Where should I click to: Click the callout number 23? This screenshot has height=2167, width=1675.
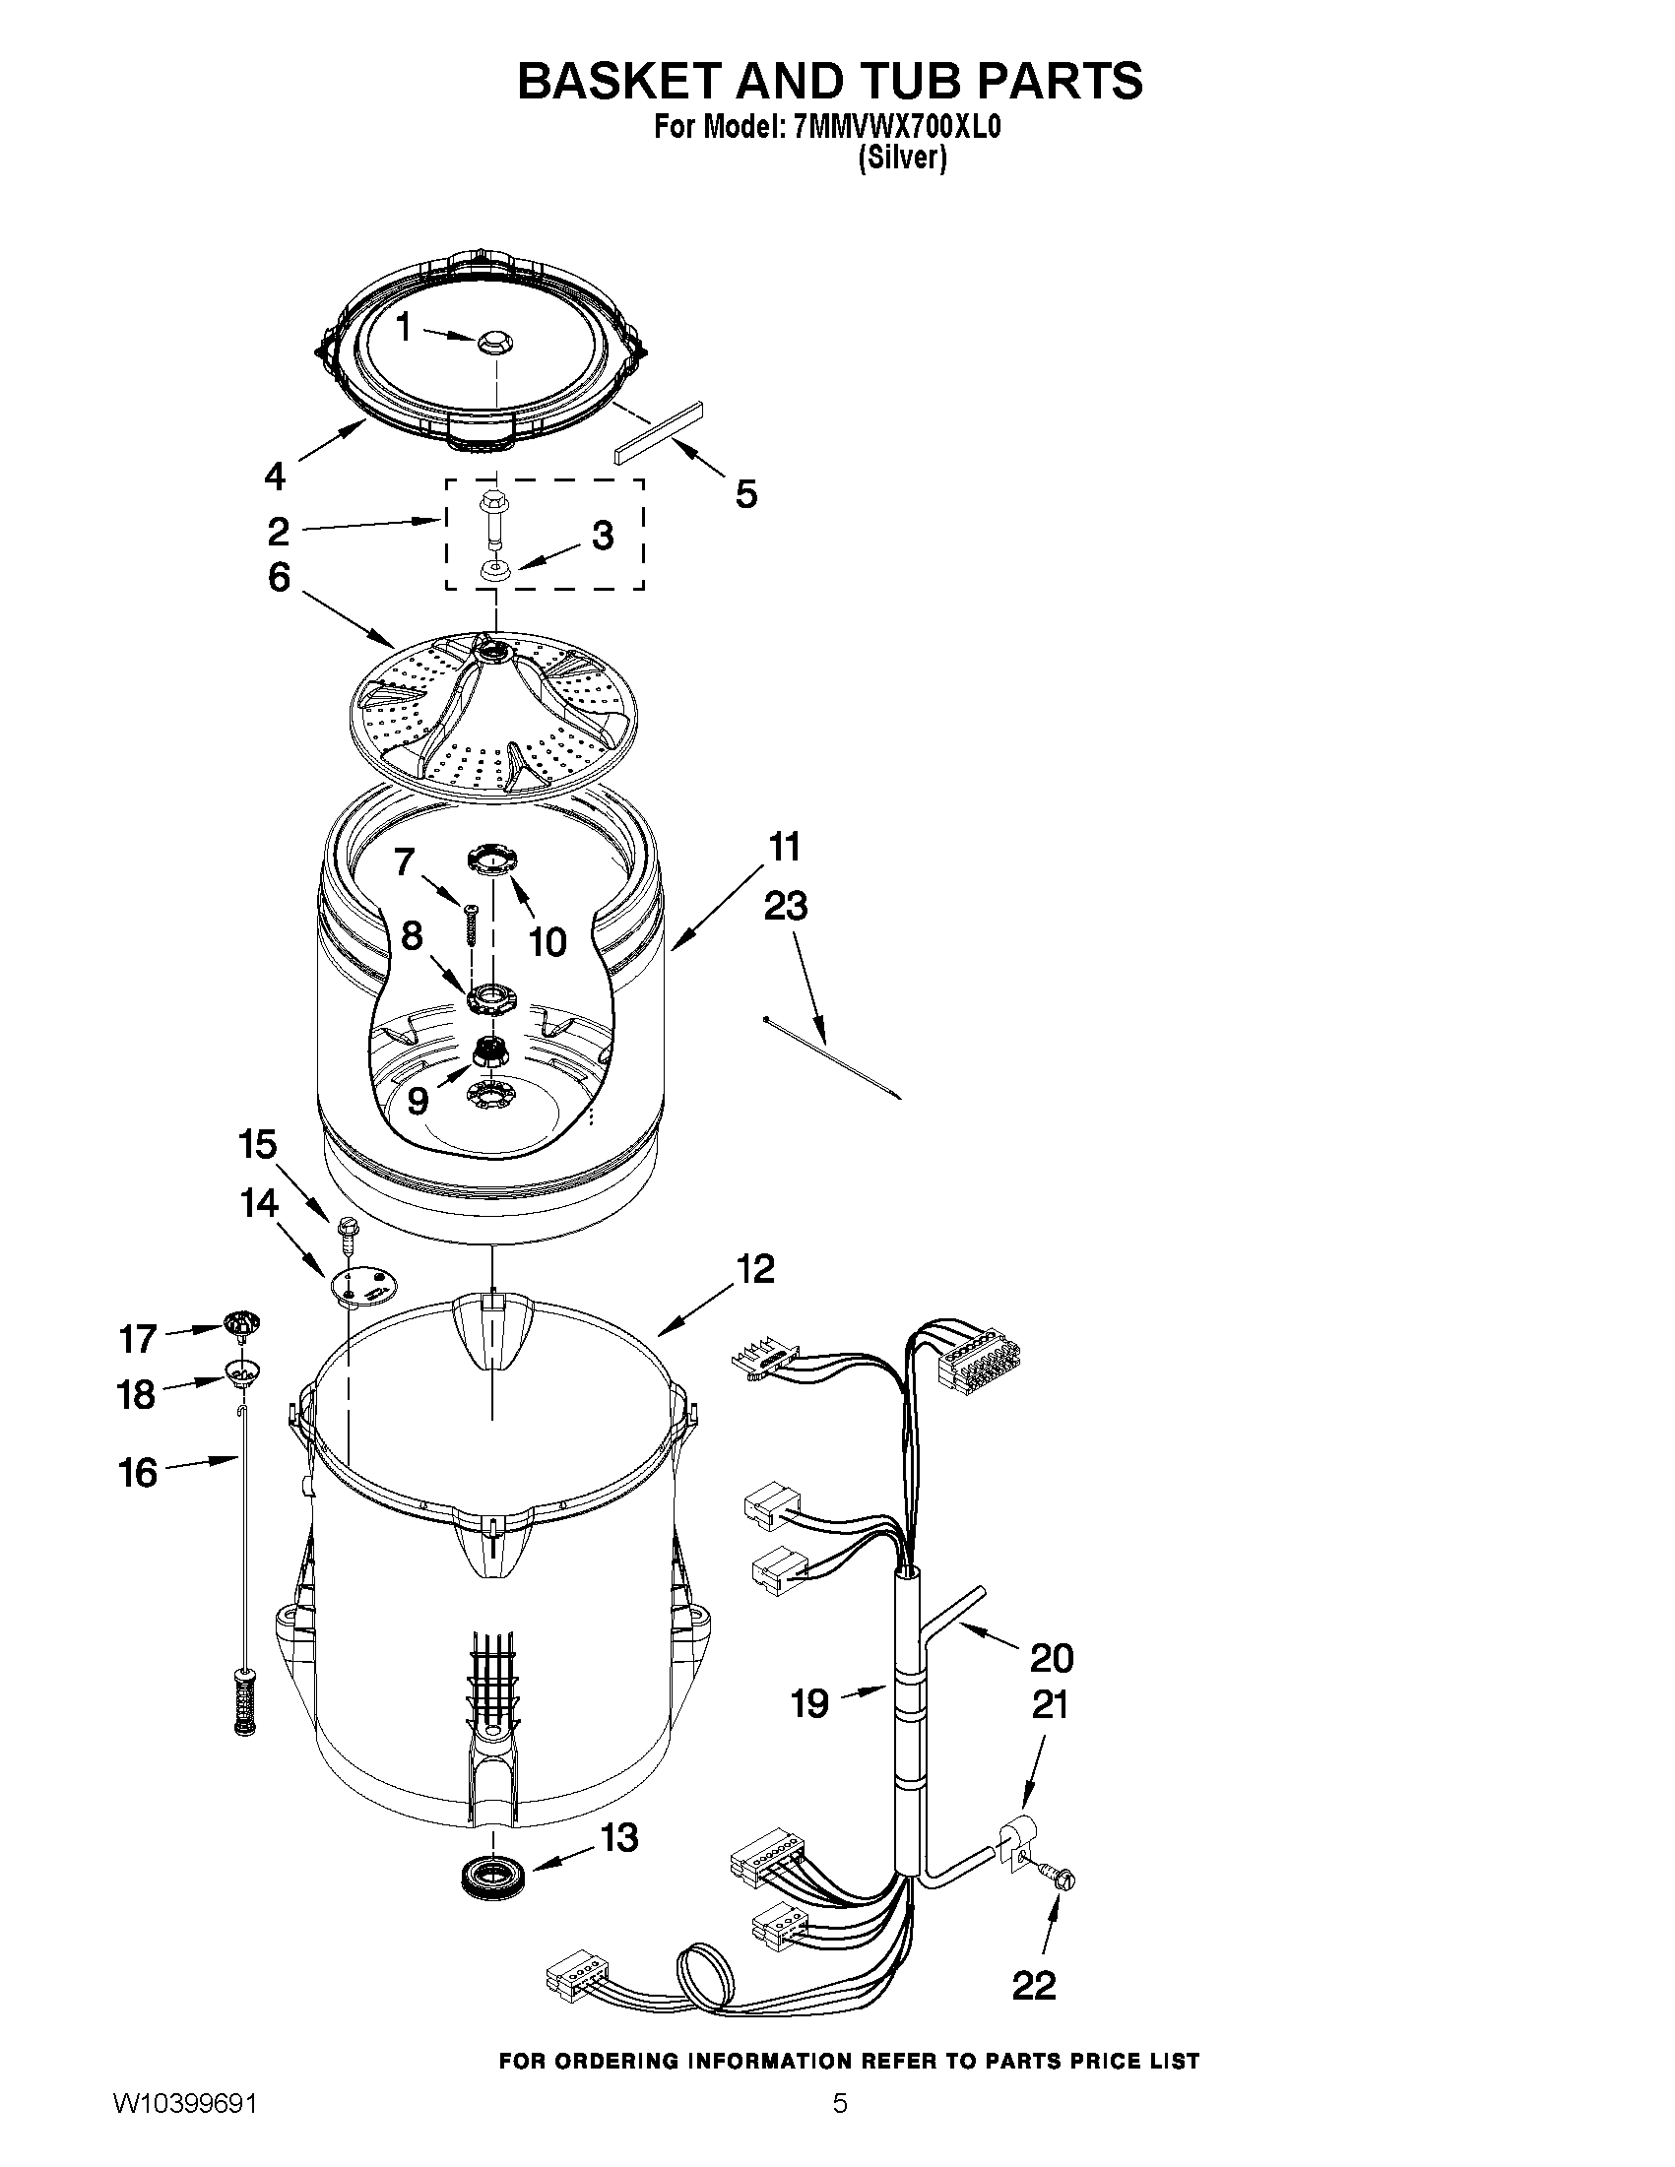785,906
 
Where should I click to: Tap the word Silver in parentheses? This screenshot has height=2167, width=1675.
902,159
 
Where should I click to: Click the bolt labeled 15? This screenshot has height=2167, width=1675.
349,1229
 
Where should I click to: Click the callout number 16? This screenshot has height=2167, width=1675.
138,1473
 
